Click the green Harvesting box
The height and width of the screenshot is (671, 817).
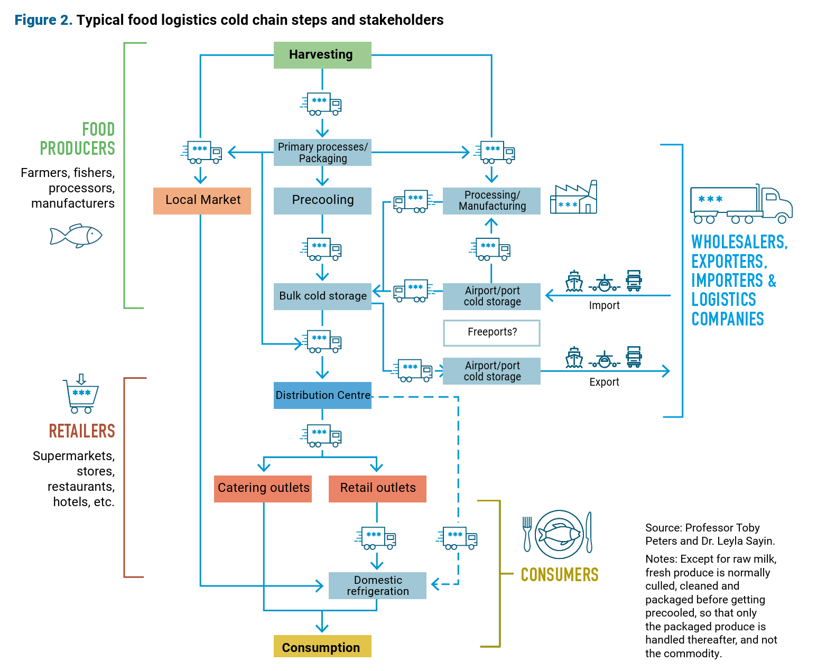pyautogui.click(x=322, y=55)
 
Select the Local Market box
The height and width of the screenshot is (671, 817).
pyautogui.click(x=202, y=200)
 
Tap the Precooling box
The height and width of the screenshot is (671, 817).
pyautogui.click(x=322, y=200)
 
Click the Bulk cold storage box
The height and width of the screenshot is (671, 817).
pyautogui.click(x=322, y=296)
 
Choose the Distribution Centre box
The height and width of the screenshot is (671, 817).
pyautogui.click(x=322, y=395)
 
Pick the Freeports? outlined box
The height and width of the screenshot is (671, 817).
pyautogui.click(x=491, y=332)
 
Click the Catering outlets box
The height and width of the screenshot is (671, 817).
pyautogui.click(x=263, y=488)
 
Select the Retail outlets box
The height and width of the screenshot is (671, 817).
pyautogui.click(x=377, y=488)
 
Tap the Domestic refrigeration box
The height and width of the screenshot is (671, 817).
pyautogui.click(x=377, y=585)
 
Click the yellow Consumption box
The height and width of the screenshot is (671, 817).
pyautogui.click(x=322, y=647)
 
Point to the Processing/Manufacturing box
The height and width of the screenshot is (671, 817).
pyautogui.click(x=491, y=201)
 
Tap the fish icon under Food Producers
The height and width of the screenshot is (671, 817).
pyautogui.click(x=76, y=236)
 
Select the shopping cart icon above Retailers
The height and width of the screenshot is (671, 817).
pyautogui.click(x=81, y=395)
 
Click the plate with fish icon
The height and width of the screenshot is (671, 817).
pyautogui.click(x=559, y=534)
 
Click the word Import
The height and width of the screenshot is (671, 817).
pyautogui.click(x=604, y=305)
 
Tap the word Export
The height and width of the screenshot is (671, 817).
pyautogui.click(x=604, y=382)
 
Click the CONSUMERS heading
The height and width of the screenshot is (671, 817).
pyautogui.click(x=560, y=575)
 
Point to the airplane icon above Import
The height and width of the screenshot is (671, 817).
pyautogui.click(x=605, y=284)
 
